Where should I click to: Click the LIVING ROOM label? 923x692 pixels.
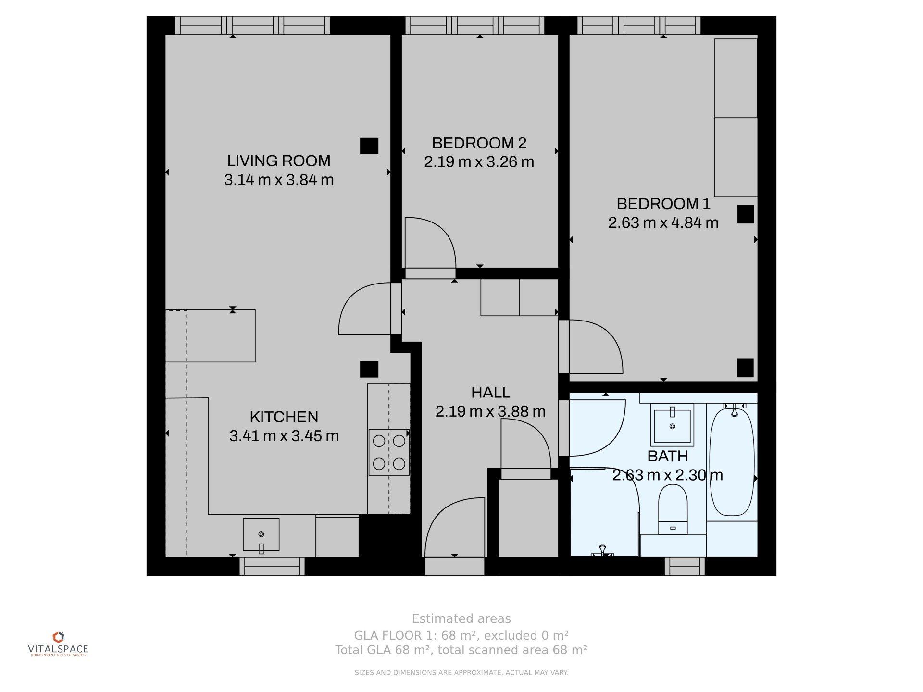coord(279,161)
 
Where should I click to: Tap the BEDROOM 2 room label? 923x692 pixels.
coord(479,143)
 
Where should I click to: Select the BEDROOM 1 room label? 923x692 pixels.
coord(663,204)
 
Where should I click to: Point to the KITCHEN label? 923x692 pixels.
coord(284,417)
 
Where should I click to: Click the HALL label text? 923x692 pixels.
coord(490,393)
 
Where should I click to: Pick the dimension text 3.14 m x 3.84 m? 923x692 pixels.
coord(279,180)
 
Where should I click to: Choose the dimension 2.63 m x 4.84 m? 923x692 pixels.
coord(663,223)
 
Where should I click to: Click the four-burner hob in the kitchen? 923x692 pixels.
coord(389,452)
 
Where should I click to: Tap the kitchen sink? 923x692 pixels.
coord(261,534)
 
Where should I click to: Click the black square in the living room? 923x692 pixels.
coord(369,146)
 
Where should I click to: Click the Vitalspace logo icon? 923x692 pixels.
coord(58,637)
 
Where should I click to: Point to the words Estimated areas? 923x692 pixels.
coord(461,618)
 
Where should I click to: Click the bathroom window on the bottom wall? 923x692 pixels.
coord(685,567)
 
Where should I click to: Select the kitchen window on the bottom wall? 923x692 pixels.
coord(272,567)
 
